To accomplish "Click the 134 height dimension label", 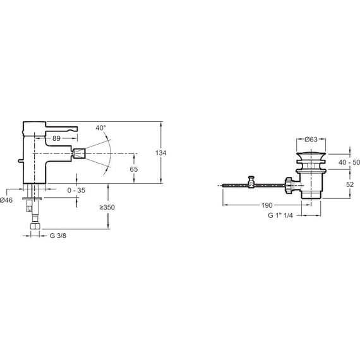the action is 160,153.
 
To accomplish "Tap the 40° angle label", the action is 101,128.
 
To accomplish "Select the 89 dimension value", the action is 56,138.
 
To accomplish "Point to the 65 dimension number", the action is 134,169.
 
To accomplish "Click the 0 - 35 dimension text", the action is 76,190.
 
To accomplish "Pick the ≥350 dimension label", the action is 107,207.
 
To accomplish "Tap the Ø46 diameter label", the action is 6,200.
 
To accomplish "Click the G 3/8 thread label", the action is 58,236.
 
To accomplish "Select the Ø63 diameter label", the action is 311,140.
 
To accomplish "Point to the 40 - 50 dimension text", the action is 349,162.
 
